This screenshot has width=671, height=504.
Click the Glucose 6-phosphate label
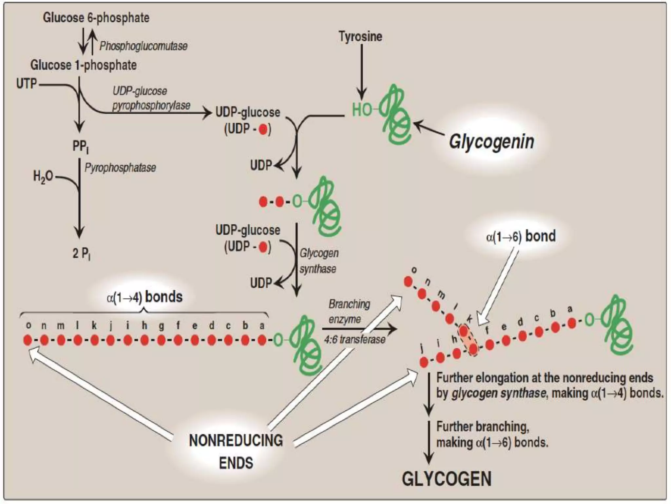point(96,18)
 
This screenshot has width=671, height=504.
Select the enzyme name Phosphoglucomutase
point(143,46)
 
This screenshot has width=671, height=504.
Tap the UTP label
point(27,84)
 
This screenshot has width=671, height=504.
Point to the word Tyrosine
point(360,36)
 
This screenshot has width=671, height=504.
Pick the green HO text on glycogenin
point(362,110)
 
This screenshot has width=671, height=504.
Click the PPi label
point(81,146)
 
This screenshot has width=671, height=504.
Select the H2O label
point(43,177)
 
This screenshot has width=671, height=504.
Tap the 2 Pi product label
point(81,253)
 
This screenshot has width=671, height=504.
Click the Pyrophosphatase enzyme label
point(120,168)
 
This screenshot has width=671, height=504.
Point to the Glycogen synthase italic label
point(319,261)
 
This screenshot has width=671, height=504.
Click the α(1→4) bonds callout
point(144,297)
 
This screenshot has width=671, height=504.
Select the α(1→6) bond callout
point(521,236)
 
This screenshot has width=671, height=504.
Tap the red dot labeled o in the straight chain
point(28,340)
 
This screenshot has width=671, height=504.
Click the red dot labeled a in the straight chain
point(262,340)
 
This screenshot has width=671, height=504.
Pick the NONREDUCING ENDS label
point(236,451)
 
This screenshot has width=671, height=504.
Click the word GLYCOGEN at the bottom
point(447,479)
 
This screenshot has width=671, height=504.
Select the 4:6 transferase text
point(355,339)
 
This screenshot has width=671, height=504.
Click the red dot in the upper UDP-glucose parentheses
point(263,130)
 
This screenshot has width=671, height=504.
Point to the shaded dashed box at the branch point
point(469,340)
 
